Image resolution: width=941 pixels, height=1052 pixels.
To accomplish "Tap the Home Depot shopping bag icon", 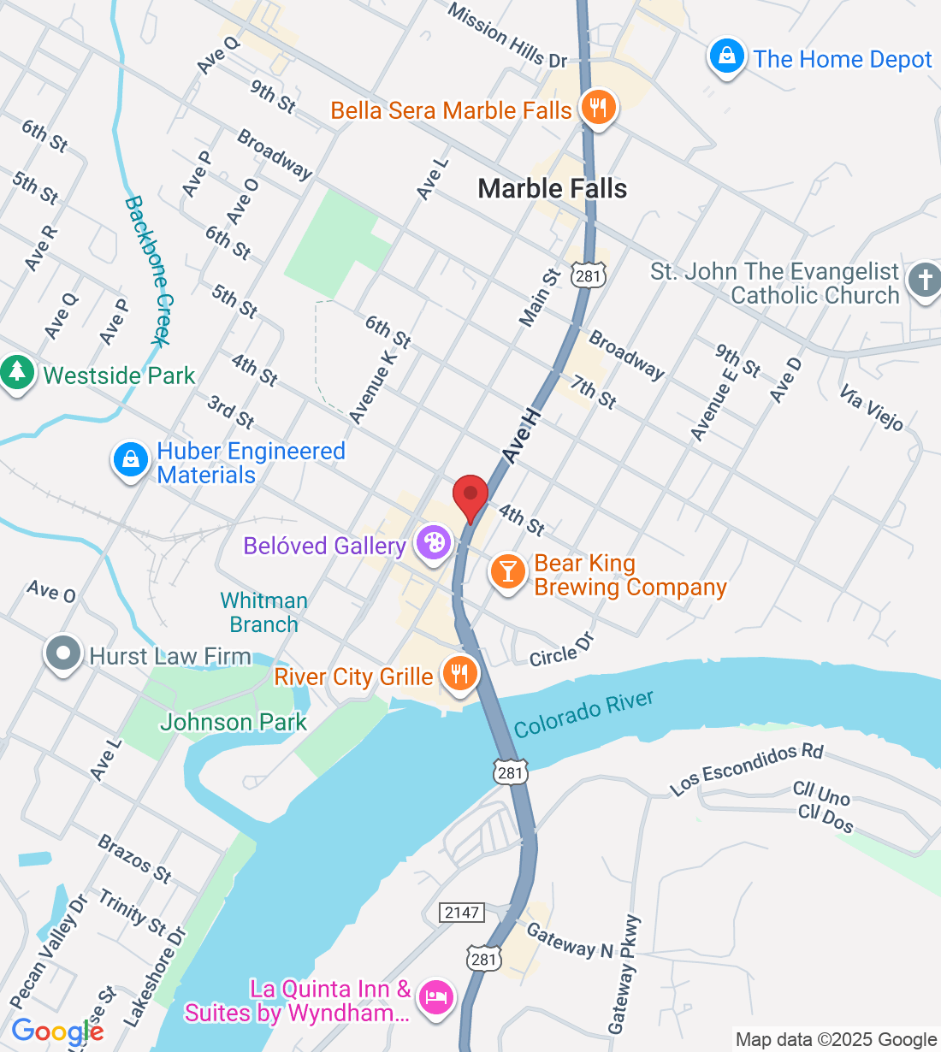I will click(x=726, y=57).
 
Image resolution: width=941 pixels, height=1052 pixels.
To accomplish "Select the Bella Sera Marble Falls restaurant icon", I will click(x=598, y=109).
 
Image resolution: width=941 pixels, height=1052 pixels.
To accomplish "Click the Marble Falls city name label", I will click(x=552, y=189).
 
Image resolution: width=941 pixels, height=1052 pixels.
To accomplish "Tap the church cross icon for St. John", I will click(x=924, y=280).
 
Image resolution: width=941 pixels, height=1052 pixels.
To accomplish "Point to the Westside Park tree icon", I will click(x=16, y=373).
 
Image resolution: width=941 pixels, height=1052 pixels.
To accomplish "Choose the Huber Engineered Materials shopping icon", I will click(x=130, y=460).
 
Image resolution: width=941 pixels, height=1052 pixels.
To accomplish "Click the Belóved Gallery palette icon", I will click(x=434, y=543).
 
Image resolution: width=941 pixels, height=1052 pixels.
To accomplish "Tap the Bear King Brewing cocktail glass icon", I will click(x=507, y=571).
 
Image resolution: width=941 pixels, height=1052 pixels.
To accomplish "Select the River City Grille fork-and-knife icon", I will click(x=459, y=674).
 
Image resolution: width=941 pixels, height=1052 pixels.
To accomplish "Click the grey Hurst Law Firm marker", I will click(x=62, y=654).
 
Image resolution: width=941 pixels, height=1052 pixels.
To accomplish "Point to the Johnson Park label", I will click(x=233, y=723).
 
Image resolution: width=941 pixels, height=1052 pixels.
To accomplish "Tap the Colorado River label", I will click(x=583, y=713).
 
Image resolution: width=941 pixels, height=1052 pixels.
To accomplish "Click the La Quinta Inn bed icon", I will click(x=436, y=997).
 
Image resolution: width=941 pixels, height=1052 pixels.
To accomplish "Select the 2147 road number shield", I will click(x=462, y=913).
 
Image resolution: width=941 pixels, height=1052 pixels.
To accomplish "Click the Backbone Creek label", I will click(x=149, y=271).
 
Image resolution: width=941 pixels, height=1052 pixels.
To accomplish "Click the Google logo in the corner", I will click(x=57, y=1031).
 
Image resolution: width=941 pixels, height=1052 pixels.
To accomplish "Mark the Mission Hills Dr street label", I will click(x=507, y=37).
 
